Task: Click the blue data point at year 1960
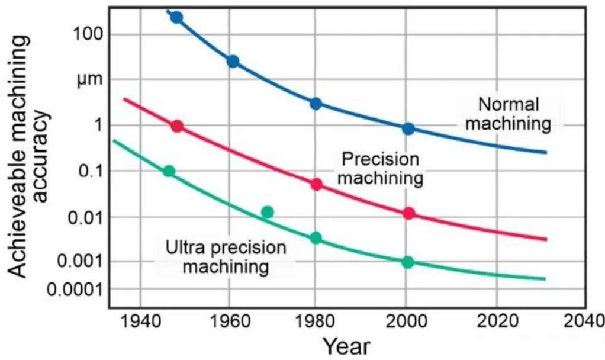(233, 62)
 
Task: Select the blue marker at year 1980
(316, 104)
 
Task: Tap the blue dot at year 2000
(408, 129)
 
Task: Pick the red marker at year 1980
(316, 184)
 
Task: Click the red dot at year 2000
(408, 214)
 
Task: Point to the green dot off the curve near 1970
(268, 212)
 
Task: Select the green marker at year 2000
(407, 262)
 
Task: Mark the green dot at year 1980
(316, 238)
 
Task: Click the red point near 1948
(176, 126)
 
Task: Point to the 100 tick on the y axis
(88, 34)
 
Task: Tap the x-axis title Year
(346, 345)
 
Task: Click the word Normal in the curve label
(509, 105)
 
